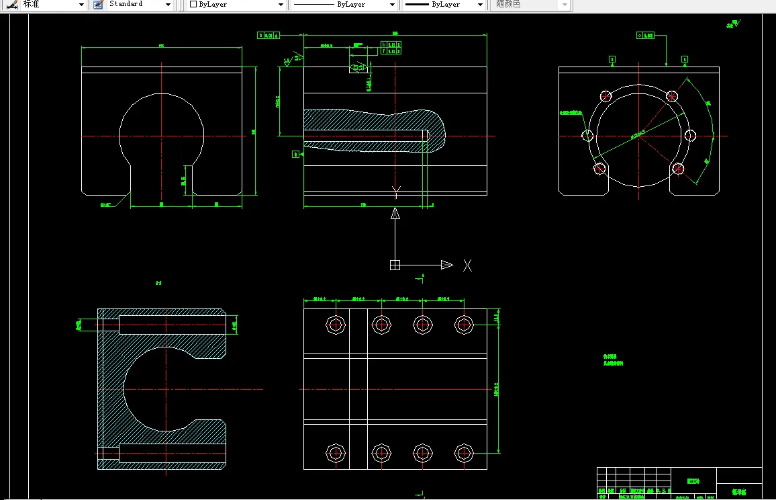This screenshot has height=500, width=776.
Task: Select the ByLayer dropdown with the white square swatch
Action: pyautogui.click(x=236, y=5)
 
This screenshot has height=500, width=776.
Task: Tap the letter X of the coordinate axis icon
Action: pyautogui.click(x=467, y=265)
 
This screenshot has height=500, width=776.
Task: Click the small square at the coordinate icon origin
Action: pyautogui.click(x=395, y=265)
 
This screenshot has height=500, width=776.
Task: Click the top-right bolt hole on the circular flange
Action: pyautogui.click(x=671, y=96)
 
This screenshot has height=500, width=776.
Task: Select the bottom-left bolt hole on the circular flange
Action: pyautogui.click(x=600, y=168)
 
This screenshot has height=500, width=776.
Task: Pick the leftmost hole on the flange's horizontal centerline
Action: pyautogui.click(x=588, y=136)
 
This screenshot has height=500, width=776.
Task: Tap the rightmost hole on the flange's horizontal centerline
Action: pyautogui.click(x=691, y=136)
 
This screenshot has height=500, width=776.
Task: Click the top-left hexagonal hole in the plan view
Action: pyautogui.click(x=336, y=325)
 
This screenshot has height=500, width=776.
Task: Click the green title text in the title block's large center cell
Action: pyautogui.click(x=693, y=481)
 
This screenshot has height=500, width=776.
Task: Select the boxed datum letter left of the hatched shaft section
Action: pyautogui.click(x=295, y=154)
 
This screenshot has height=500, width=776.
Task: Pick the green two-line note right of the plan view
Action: pyautogui.click(x=613, y=360)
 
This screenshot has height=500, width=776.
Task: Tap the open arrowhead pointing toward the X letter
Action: pyautogui.click(x=446, y=265)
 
